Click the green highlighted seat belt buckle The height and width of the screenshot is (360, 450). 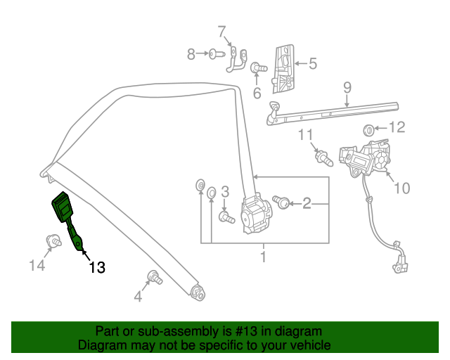[x=64, y=210]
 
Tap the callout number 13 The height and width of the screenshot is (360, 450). [x=96, y=267]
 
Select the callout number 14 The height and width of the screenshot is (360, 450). [x=37, y=265]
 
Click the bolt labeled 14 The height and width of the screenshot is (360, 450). [x=52, y=243]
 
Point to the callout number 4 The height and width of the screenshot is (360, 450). [x=138, y=297]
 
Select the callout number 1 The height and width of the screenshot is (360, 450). [x=263, y=257]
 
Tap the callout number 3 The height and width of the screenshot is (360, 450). [x=225, y=191]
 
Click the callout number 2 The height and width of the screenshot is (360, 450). [x=307, y=204]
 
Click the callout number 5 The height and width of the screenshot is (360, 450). [x=312, y=64]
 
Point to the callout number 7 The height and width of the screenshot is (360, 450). [x=222, y=31]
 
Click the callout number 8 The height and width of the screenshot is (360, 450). [x=191, y=53]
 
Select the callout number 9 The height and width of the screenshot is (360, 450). [x=347, y=88]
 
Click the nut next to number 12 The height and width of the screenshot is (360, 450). [x=367, y=129]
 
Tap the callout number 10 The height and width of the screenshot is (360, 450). [x=401, y=188]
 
